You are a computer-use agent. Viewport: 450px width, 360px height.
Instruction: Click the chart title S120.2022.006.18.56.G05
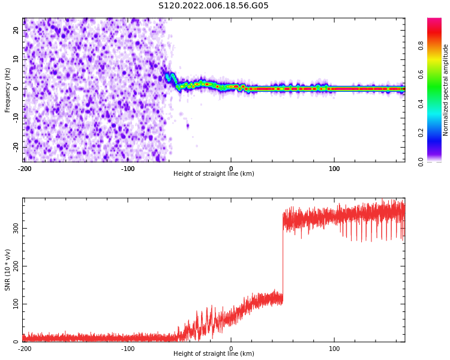(x=214, y=6)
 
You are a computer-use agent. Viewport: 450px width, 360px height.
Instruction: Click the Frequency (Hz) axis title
(x=8, y=90)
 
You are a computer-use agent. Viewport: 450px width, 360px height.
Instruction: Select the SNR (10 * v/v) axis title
(x=8, y=269)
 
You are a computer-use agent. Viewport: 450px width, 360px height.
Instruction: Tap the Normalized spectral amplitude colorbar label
(x=446, y=90)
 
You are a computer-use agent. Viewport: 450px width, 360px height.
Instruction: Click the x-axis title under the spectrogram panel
(x=214, y=174)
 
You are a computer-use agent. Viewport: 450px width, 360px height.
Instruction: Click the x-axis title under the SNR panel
(x=214, y=354)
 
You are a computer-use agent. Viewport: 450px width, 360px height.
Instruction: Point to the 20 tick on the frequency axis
(x=16, y=30)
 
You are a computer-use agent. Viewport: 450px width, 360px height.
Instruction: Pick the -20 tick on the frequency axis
(x=14, y=147)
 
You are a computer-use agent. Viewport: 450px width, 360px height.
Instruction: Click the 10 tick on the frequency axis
(x=16, y=59)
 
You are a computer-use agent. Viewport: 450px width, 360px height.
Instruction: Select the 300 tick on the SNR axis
(x=14, y=229)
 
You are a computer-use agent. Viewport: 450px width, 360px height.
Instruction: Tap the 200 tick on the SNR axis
(x=14, y=266)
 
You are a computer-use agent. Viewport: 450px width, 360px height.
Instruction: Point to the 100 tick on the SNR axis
(x=14, y=304)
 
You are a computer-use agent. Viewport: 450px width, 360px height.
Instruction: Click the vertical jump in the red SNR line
(x=283, y=258)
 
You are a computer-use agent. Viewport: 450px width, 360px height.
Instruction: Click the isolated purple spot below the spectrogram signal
(x=187, y=126)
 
